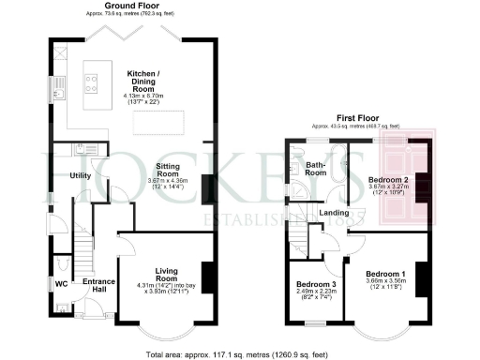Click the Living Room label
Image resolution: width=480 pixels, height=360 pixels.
coord(165,274)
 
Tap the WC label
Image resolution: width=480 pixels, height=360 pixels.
coord(60,281)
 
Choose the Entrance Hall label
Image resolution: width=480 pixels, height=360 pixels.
coord(98,286)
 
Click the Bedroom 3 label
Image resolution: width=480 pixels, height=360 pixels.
coord(316,284)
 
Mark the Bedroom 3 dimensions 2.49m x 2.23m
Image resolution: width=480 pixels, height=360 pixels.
coord(316,292)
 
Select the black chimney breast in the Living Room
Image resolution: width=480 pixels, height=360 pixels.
coord(207,277)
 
